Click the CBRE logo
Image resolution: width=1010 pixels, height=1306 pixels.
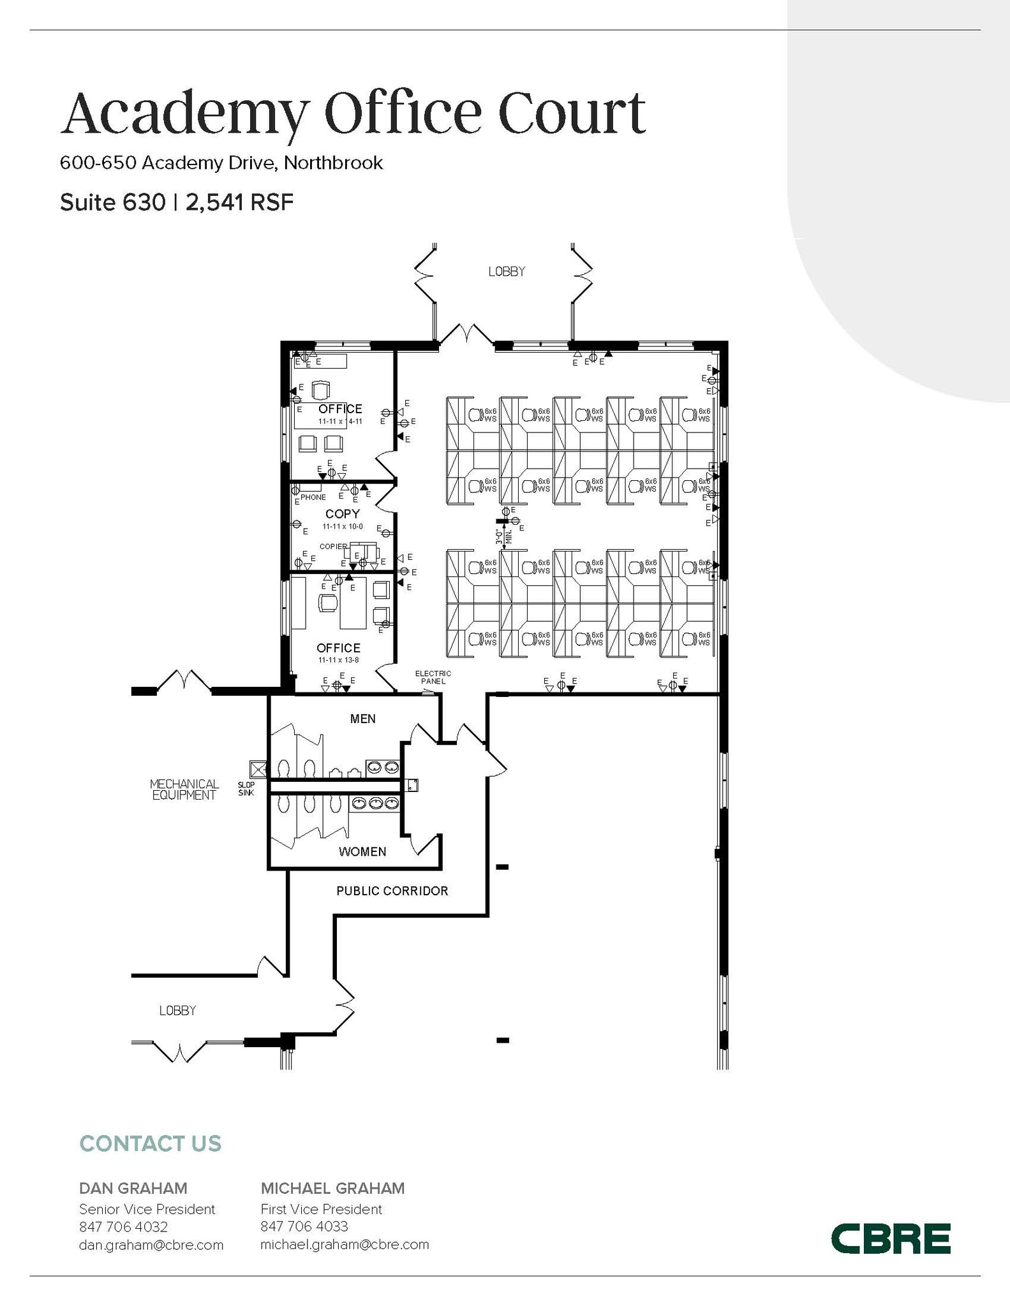pos(890,1238)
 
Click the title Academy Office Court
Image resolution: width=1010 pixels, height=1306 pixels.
pos(353,113)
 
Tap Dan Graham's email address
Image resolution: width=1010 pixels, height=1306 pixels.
pos(151,1244)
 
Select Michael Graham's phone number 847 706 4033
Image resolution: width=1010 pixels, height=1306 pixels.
pos(304,1226)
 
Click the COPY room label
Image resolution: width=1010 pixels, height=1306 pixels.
pos(343,513)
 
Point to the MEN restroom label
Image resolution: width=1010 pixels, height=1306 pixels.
pos(362,719)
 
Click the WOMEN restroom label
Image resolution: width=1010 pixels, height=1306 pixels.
pos(362,851)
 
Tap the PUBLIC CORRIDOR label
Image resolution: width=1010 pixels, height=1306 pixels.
pos(392,891)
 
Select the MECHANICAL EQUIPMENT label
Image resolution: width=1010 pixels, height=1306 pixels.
pos(184,789)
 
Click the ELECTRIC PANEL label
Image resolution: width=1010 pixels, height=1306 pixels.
pos(433,677)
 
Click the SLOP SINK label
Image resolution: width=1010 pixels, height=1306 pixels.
pos(246,789)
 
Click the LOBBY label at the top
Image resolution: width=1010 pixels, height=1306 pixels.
pos(507,272)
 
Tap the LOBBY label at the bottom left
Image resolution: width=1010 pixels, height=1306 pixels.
pos(177,1010)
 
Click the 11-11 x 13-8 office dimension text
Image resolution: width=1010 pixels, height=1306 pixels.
pos(338,660)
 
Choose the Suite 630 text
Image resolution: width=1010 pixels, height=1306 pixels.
pos(112,203)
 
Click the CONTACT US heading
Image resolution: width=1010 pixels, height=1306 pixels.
pos(150,1143)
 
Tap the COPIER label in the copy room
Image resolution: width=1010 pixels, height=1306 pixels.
pos(333,547)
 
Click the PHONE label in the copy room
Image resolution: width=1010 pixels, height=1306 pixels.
pos(313,497)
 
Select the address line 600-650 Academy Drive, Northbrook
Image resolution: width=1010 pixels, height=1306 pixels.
pos(221,163)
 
